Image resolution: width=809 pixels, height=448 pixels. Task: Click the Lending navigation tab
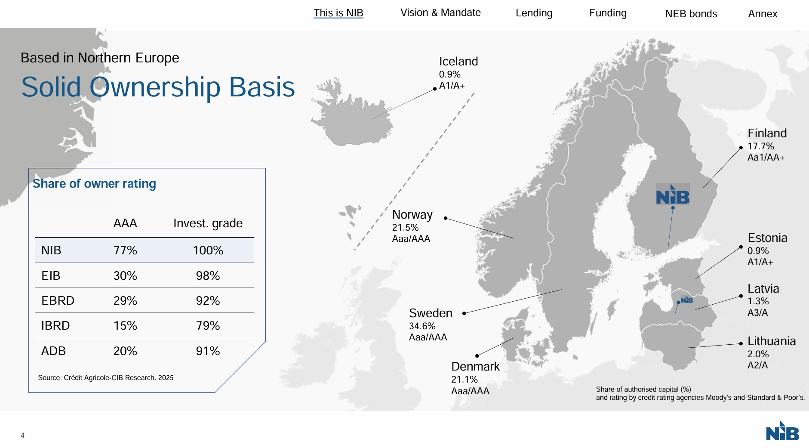pos(534,13)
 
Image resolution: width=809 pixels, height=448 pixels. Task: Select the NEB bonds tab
pos(691,14)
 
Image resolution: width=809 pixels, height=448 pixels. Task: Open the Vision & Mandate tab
pos(440,12)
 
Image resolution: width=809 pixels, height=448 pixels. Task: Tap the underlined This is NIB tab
pos(338,13)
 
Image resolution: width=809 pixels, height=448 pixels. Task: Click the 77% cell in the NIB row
pos(125,250)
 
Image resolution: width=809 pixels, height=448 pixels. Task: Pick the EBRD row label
pos(58,300)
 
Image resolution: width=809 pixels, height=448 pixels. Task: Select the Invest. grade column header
pos(208,223)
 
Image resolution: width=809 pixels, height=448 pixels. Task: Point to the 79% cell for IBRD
pos(208,326)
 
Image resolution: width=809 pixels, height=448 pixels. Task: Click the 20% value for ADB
pos(125,351)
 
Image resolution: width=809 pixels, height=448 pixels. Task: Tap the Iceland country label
pos(458,62)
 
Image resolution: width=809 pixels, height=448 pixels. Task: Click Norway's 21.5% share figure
pos(405,228)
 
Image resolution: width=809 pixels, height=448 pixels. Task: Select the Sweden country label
pos(431,313)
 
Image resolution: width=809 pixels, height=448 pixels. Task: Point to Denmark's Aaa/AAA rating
pos(470,391)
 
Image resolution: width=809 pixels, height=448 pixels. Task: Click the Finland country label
pos(767,133)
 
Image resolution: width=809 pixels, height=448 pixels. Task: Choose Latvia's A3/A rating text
pos(757,313)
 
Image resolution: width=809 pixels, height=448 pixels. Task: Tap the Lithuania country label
pos(772,341)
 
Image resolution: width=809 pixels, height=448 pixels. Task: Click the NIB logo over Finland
pos(673,195)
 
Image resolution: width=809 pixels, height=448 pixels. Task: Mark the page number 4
pos(22,436)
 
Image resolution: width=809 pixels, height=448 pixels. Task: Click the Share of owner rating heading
pos(94,184)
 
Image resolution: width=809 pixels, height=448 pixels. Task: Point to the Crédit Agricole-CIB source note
pos(106,378)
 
